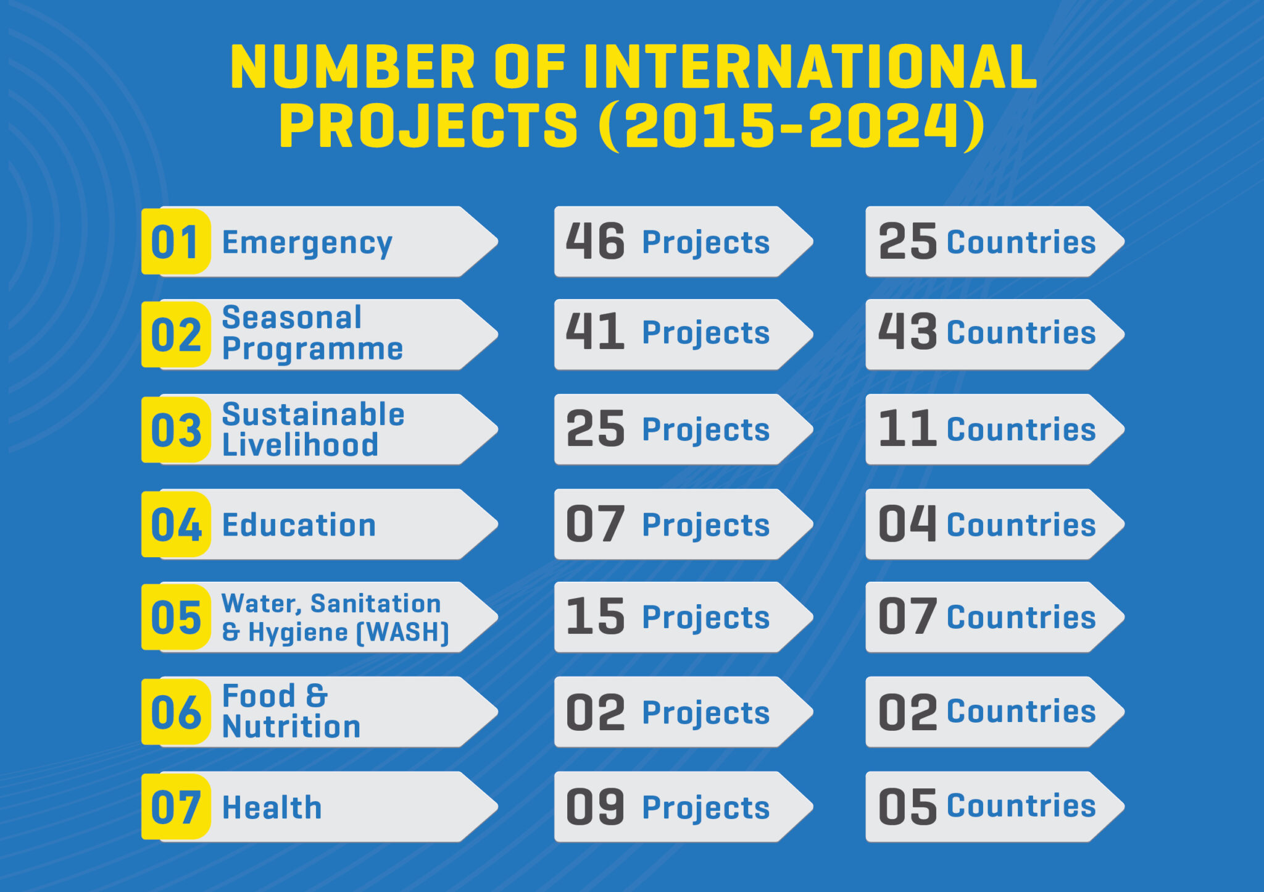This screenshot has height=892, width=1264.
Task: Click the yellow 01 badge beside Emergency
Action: coord(175,242)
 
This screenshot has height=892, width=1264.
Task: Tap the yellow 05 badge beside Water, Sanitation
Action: coord(175,616)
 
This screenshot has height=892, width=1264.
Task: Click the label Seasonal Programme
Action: coord(312,334)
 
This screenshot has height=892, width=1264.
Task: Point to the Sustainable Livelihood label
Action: coord(313,429)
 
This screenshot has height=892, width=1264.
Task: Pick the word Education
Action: coord(299,525)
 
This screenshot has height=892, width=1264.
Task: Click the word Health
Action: coord(272,807)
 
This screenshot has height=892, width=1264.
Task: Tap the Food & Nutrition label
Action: coord(291,712)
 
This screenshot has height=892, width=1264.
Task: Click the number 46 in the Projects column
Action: coord(595,242)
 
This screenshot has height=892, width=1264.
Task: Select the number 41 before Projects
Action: coord(595,332)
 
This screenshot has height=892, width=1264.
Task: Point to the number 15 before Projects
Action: coord(595,616)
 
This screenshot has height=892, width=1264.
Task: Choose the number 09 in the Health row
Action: coord(595,807)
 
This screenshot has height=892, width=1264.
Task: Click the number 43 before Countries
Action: coord(907,332)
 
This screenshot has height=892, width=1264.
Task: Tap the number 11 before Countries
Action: coord(907,429)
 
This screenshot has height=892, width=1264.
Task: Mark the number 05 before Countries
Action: coord(907,807)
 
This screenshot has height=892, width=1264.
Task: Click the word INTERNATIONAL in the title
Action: coord(810,67)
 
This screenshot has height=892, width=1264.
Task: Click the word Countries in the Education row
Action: coord(1021,525)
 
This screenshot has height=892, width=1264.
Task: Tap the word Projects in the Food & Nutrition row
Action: coord(706,713)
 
